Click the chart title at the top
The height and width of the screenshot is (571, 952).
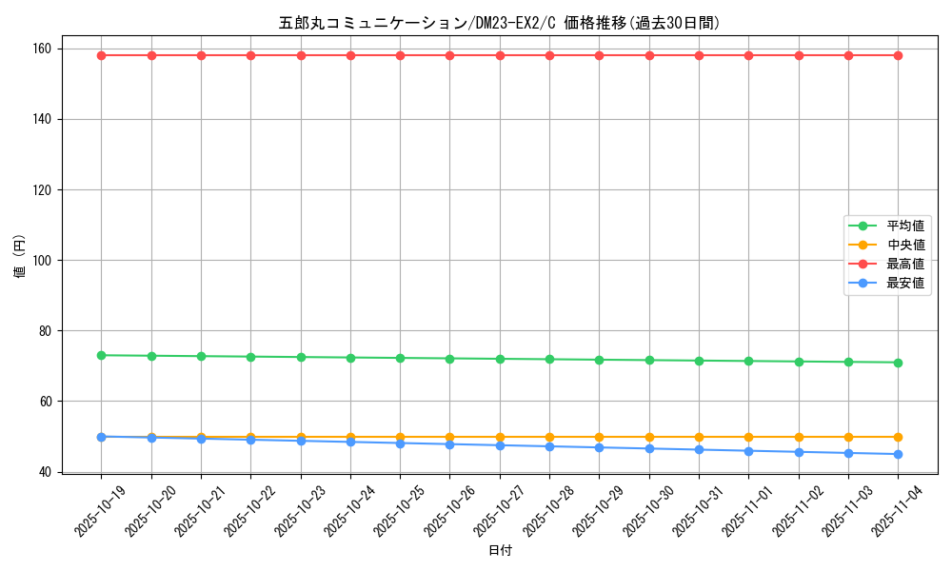point(499,23)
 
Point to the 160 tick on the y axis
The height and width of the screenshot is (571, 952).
point(45,49)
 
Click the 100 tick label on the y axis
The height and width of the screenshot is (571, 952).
point(45,260)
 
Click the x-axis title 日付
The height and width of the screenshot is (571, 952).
point(500,551)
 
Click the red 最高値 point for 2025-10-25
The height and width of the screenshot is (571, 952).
point(400,55)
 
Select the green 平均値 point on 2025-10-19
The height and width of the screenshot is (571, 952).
point(101,355)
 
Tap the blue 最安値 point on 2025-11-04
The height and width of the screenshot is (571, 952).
point(898,454)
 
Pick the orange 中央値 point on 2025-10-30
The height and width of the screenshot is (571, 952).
point(649,437)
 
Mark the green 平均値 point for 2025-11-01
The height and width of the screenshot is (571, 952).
point(748,361)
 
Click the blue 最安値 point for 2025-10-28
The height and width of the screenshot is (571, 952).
point(549,446)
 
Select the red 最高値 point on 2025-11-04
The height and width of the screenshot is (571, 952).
point(898,55)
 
